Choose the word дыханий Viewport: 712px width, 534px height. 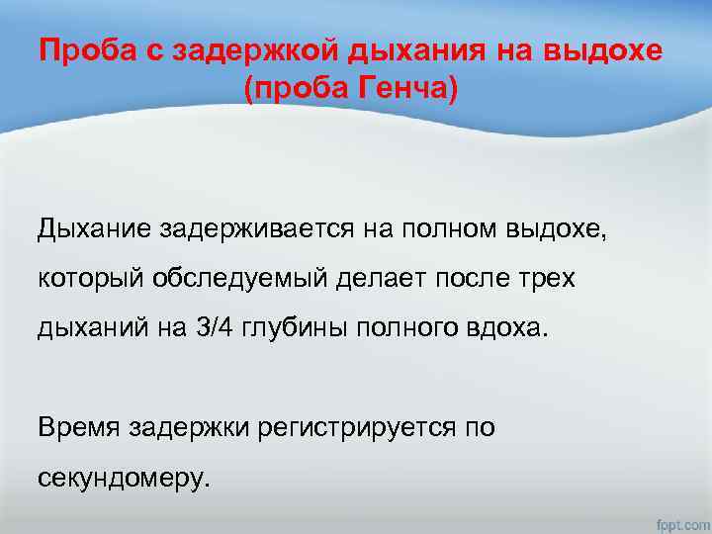(87, 326)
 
